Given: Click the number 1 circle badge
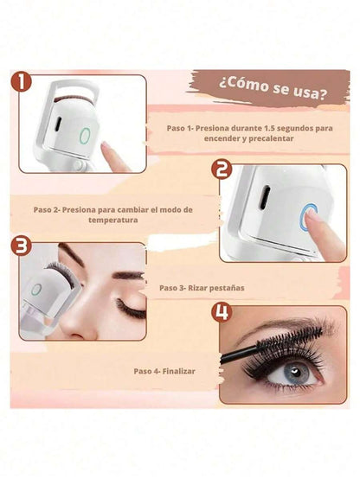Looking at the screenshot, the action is (21, 81).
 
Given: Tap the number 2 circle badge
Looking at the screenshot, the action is (222, 169).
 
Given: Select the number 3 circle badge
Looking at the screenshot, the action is (21, 246).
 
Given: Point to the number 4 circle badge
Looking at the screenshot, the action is (222, 312).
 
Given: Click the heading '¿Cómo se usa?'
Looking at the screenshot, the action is (273, 89).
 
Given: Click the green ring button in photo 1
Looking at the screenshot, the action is (85, 136).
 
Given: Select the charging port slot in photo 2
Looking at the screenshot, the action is (265, 197).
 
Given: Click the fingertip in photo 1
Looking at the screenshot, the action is (106, 148).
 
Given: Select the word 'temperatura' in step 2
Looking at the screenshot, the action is (113, 220).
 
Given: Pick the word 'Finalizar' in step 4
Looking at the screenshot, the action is (178, 371).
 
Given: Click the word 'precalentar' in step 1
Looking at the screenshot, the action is (271, 138).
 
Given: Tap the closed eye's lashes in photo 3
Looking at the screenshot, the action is (131, 310).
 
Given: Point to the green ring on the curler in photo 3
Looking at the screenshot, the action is (36, 289).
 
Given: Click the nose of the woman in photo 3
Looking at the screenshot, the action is (74, 324).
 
